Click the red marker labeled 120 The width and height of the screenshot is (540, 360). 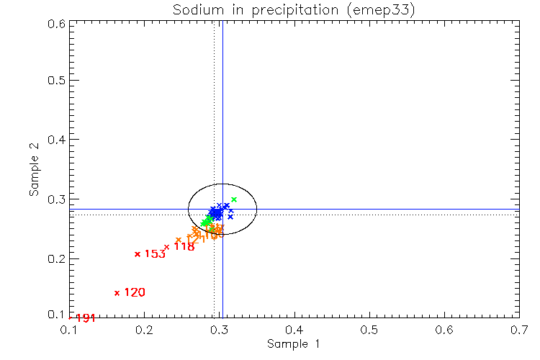[117, 293]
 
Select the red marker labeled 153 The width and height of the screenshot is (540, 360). [138, 254]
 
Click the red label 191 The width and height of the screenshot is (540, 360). [86, 318]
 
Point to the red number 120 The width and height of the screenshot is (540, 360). [135, 292]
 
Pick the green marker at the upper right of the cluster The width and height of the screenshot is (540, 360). [234, 199]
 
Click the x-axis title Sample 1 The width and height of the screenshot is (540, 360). [293, 345]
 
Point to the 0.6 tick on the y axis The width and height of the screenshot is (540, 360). [56, 23]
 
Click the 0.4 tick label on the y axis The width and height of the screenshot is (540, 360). [56, 139]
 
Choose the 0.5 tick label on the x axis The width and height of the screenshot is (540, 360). [369, 330]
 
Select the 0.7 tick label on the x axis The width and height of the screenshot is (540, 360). [518, 330]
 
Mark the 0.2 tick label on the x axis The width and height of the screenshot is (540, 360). [145, 330]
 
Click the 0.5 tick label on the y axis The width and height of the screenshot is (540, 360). [56, 80]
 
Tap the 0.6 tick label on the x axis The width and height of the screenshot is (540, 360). [444, 330]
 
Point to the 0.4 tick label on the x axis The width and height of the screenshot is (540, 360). [294, 330]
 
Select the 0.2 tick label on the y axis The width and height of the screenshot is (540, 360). [56, 258]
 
